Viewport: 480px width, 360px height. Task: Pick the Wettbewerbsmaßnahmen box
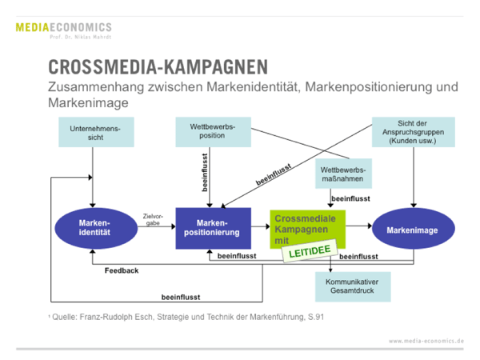point(343,175)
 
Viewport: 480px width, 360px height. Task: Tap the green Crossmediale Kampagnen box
point(306,228)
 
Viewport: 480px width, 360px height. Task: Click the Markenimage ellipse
point(413,230)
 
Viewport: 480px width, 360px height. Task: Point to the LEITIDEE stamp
point(305,253)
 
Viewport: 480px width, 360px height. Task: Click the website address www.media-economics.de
point(426,340)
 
